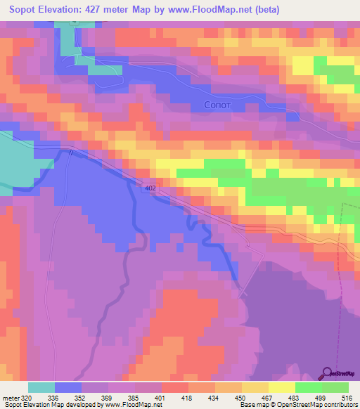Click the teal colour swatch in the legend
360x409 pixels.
[41, 387]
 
